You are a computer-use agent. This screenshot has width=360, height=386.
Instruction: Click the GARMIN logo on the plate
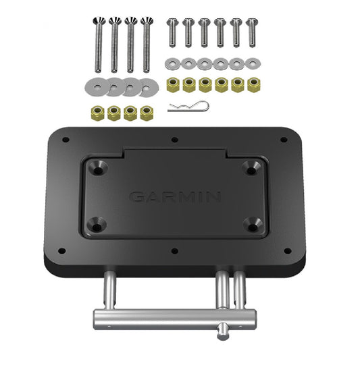[x=175, y=197]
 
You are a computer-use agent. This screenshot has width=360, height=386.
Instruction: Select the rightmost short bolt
[x=253, y=30]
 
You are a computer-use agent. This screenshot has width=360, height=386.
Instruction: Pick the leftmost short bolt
[x=172, y=30]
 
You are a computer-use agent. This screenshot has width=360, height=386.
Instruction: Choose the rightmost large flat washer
[x=144, y=86]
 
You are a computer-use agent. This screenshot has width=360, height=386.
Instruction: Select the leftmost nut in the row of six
[x=172, y=84]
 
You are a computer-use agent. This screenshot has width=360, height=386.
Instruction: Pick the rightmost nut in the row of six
[x=255, y=84]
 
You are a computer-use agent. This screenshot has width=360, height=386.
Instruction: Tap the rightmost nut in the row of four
[x=145, y=113]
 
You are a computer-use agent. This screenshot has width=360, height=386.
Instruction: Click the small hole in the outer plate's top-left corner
[x=65, y=140]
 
